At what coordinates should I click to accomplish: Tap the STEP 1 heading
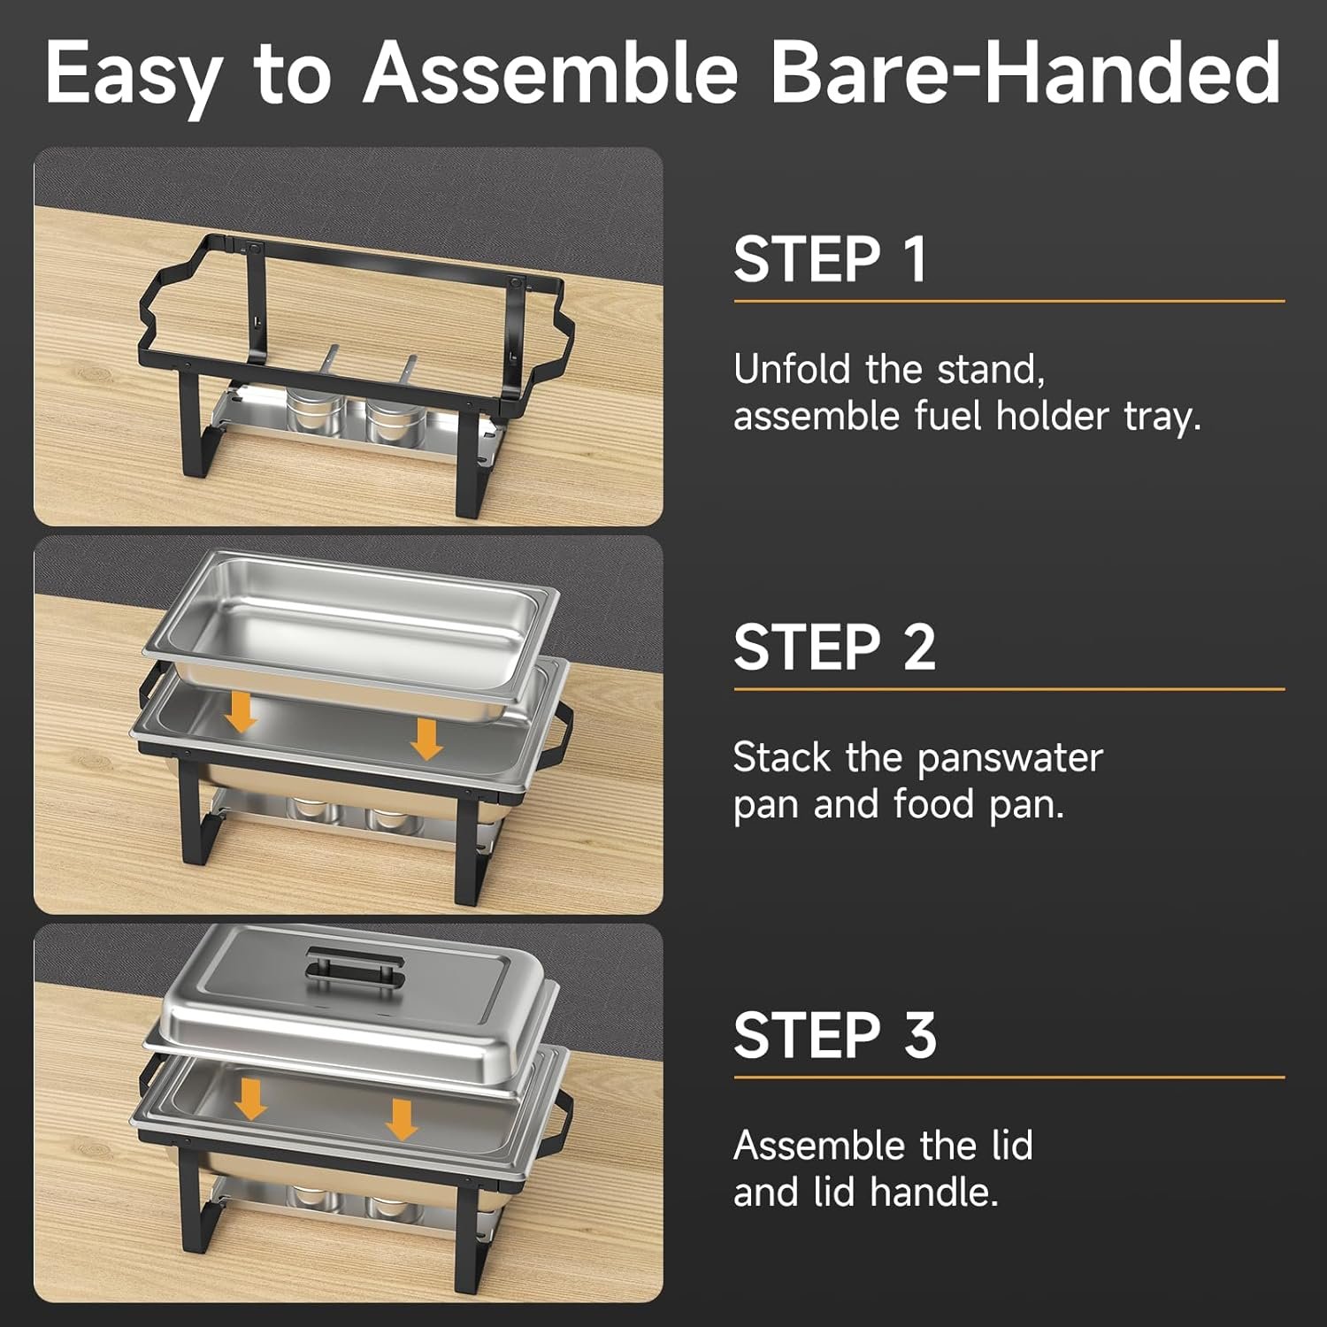[x=831, y=259]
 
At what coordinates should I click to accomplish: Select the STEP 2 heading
[x=834, y=647]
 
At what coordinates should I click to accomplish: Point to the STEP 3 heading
[x=835, y=1035]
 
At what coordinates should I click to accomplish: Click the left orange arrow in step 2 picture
[x=240, y=712]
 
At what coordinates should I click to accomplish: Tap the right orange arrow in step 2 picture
[x=426, y=738]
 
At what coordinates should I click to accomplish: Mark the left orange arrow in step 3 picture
[x=251, y=1098]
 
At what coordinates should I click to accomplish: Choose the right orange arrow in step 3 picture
[x=402, y=1119]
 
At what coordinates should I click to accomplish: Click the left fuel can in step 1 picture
[x=314, y=409]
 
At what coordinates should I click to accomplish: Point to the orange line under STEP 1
[x=1009, y=301]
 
